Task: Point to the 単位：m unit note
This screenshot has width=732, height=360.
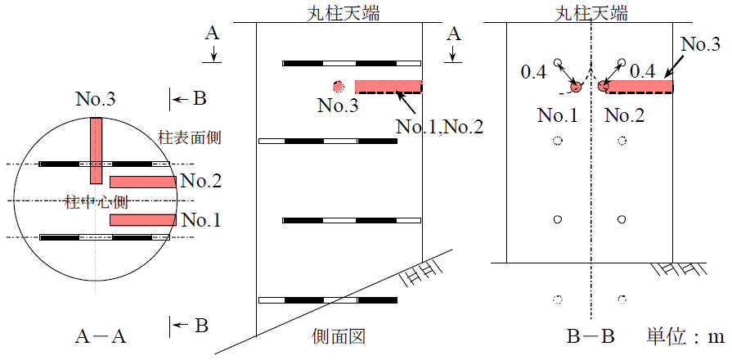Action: point(686,335)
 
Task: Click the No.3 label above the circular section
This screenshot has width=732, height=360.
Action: point(96,101)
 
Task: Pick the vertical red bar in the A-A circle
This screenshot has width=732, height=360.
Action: point(97,151)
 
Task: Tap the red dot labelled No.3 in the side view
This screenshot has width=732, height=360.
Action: point(337,86)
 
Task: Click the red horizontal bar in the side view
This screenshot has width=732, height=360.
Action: point(388,86)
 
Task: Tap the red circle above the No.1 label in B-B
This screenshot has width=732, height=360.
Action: point(575,86)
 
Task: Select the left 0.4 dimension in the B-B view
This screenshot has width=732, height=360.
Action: point(533,73)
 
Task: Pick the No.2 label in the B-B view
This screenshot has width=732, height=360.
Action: point(625,115)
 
